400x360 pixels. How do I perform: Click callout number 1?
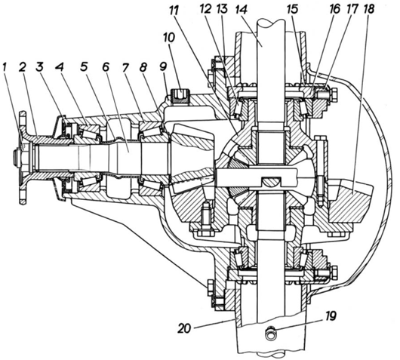(5, 68)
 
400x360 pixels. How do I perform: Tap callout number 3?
(39, 68)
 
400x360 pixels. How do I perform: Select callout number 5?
(84, 67)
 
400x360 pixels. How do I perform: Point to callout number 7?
(125, 67)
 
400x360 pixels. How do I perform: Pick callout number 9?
(163, 67)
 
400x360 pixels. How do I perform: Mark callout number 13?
(223, 10)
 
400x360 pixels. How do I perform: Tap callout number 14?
(242, 10)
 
